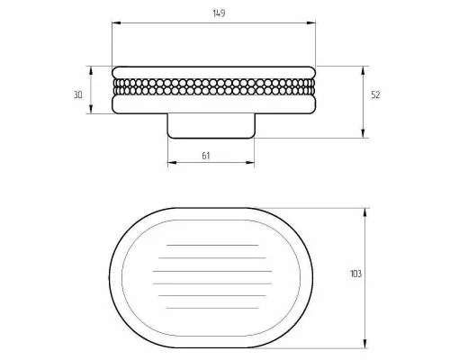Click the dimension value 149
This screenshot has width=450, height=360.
[x=219, y=13]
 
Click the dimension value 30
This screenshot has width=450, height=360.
[x=78, y=94]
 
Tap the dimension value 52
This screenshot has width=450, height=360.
[x=375, y=94]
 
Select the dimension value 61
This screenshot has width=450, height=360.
[x=205, y=156]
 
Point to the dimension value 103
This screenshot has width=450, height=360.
[x=356, y=274]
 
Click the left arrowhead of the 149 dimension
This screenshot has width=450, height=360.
[x=116, y=22]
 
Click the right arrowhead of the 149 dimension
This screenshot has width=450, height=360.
[x=311, y=22]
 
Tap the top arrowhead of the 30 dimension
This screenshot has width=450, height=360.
[x=91, y=70]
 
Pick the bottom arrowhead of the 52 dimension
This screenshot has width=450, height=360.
[x=364, y=133]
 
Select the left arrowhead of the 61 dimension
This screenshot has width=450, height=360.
[x=172, y=163]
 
